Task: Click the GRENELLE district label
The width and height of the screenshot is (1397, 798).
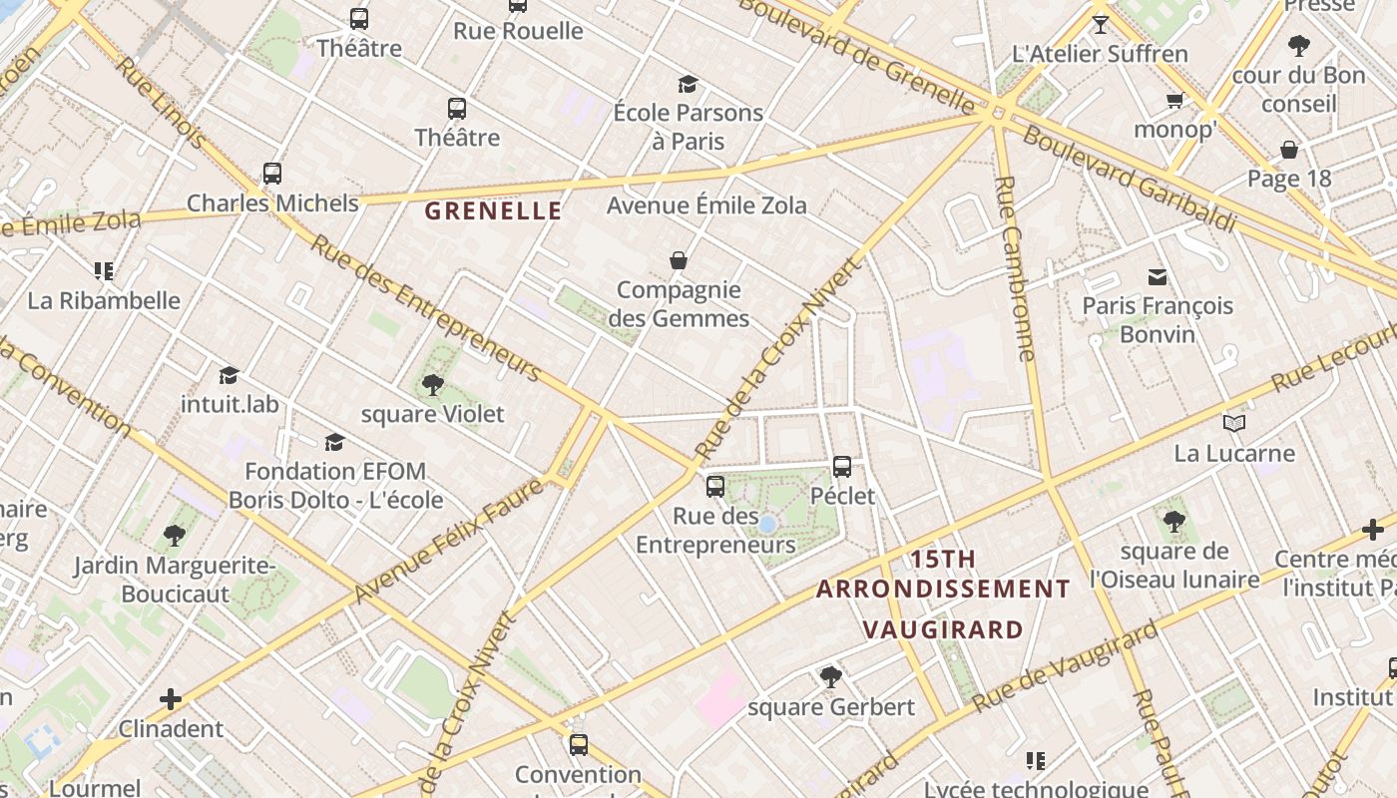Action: [x=493, y=210]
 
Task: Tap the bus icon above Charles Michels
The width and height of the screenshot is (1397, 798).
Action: [x=272, y=174]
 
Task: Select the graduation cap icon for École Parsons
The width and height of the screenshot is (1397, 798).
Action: [x=688, y=84]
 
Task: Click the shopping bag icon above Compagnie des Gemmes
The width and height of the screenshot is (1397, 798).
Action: [x=679, y=261]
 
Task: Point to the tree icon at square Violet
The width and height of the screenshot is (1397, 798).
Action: [x=433, y=385]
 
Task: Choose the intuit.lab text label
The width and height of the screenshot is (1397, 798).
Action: [x=230, y=404]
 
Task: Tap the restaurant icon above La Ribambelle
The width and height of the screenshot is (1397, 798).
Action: [x=104, y=271]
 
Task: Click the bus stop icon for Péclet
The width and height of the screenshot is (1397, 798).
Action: [x=842, y=467]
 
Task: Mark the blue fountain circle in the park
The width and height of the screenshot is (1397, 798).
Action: [x=767, y=524]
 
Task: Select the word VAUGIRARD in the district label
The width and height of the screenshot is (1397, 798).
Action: [x=943, y=629]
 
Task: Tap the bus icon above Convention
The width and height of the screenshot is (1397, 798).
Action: [x=579, y=745]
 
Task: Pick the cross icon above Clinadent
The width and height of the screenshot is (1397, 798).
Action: [x=171, y=699]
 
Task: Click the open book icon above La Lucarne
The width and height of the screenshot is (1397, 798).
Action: [x=1234, y=424]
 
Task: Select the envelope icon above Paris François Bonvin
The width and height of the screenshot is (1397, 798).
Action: [x=1158, y=276]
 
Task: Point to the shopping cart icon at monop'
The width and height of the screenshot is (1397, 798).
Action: [x=1174, y=100]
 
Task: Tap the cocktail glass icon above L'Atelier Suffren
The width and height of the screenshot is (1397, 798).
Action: [x=1101, y=25]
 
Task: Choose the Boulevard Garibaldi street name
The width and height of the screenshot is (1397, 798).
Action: [x=1129, y=180]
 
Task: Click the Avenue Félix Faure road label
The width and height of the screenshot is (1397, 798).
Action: [x=448, y=541]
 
